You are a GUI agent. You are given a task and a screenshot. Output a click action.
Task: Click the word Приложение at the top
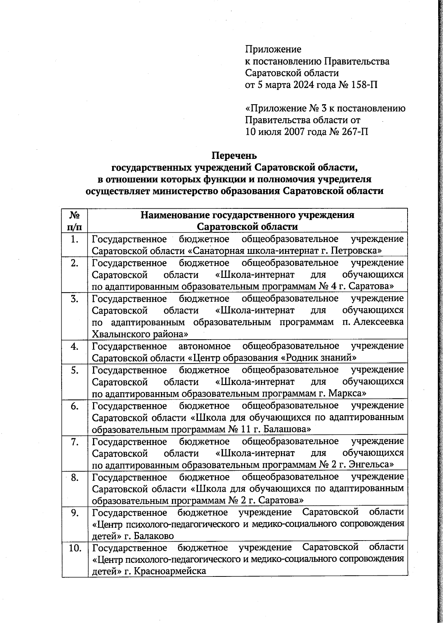point(273,49)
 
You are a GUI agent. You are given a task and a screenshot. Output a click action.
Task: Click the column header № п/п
point(75,221)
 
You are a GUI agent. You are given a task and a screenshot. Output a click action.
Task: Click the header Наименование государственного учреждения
point(248,215)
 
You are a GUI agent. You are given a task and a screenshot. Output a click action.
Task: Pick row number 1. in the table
point(75,239)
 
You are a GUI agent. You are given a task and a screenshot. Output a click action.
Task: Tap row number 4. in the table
point(75,346)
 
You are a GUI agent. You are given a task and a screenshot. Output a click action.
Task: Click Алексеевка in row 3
point(378,322)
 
